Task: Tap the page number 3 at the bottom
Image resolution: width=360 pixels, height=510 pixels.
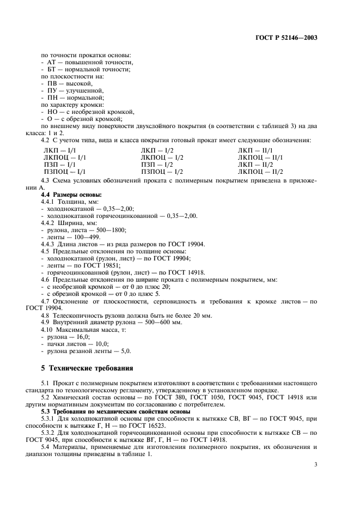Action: [x=316, y=465]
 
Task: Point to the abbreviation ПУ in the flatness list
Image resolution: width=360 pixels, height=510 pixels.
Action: [x=52, y=90]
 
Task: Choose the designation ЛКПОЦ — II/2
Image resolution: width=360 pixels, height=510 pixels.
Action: [x=261, y=171]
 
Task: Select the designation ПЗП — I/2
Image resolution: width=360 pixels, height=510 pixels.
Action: [x=157, y=164]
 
